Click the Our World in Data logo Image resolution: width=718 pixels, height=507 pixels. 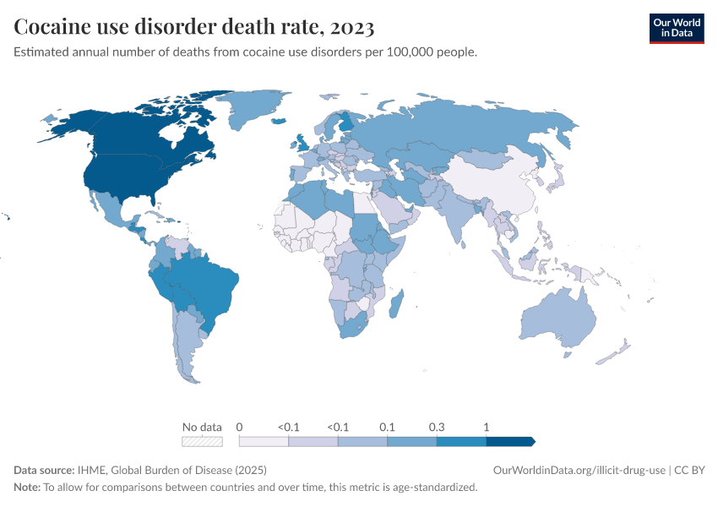pyautogui.click(x=676, y=28)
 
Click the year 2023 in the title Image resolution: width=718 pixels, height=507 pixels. pyautogui.click(x=347, y=27)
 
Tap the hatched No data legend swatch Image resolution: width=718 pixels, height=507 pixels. pyautogui.click(x=202, y=441)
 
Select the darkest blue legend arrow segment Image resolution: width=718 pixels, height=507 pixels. pyautogui.click(x=510, y=441)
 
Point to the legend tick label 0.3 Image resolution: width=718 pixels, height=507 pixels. pyautogui.click(x=436, y=427)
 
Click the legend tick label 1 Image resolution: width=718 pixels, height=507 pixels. pyautogui.click(x=486, y=427)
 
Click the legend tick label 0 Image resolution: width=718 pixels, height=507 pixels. pyautogui.click(x=240, y=427)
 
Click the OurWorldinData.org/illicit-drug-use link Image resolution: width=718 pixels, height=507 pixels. pyautogui.click(x=579, y=470)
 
